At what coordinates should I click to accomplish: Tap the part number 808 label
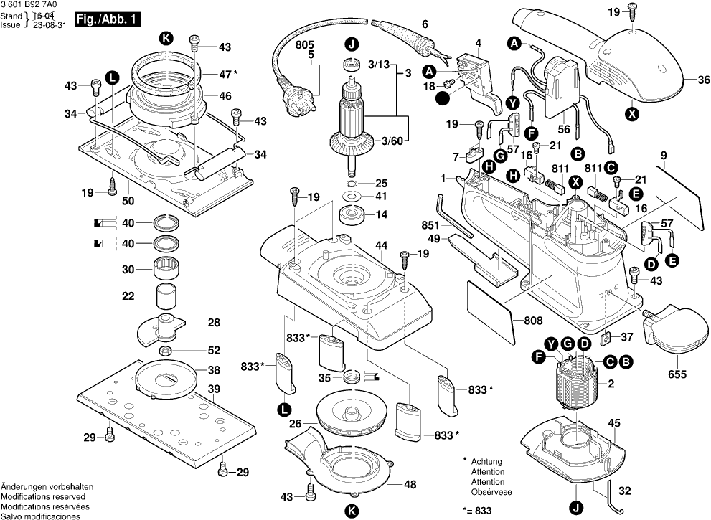534,321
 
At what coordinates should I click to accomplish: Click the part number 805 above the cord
305,44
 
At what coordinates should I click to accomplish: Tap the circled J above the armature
352,44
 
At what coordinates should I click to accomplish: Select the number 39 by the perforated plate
214,389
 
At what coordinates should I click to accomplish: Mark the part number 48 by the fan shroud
410,485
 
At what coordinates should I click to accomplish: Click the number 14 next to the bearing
381,214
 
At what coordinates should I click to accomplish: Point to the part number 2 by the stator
611,385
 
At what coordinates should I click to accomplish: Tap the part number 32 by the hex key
625,492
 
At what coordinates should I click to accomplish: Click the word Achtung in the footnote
486,462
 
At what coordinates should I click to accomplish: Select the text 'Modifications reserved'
43,497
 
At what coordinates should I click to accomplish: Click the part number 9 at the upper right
664,156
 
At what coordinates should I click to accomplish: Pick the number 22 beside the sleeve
128,296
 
